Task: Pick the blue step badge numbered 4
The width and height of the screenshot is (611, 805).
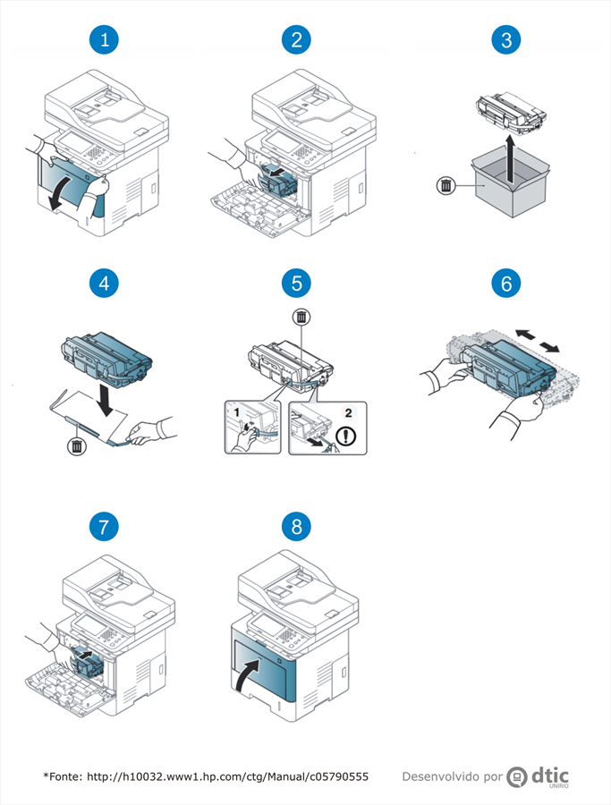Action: tap(106, 284)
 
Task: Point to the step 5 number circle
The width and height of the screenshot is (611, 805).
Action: tap(296, 284)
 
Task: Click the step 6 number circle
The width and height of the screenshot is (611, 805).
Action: tap(507, 284)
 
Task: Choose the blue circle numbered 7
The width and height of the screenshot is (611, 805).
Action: tap(106, 527)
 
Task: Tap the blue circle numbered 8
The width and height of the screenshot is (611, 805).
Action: tap(296, 527)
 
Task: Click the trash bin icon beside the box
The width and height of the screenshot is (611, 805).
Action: tap(446, 186)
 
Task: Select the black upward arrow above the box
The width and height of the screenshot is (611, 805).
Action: tap(508, 159)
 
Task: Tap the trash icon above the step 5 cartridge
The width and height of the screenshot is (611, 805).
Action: tap(302, 318)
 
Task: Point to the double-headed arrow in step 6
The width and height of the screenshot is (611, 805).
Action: tap(538, 340)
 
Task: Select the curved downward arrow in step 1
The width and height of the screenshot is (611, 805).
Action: tap(61, 190)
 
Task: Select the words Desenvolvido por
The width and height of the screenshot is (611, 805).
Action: tap(451, 776)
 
